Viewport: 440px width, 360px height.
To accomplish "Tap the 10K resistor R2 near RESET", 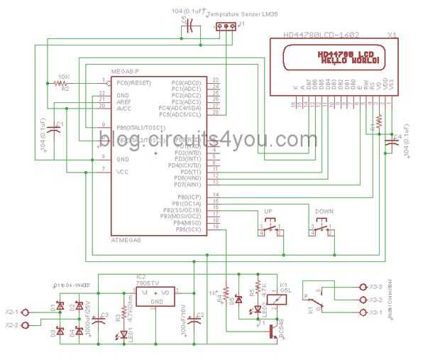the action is coord(60,83).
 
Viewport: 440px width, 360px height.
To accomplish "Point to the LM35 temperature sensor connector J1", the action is coord(226,27).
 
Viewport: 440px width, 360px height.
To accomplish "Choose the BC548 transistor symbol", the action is coord(273,332).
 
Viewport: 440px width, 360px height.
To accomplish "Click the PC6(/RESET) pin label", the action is coord(133,82).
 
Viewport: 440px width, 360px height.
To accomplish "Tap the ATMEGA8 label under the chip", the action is coord(126,241).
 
